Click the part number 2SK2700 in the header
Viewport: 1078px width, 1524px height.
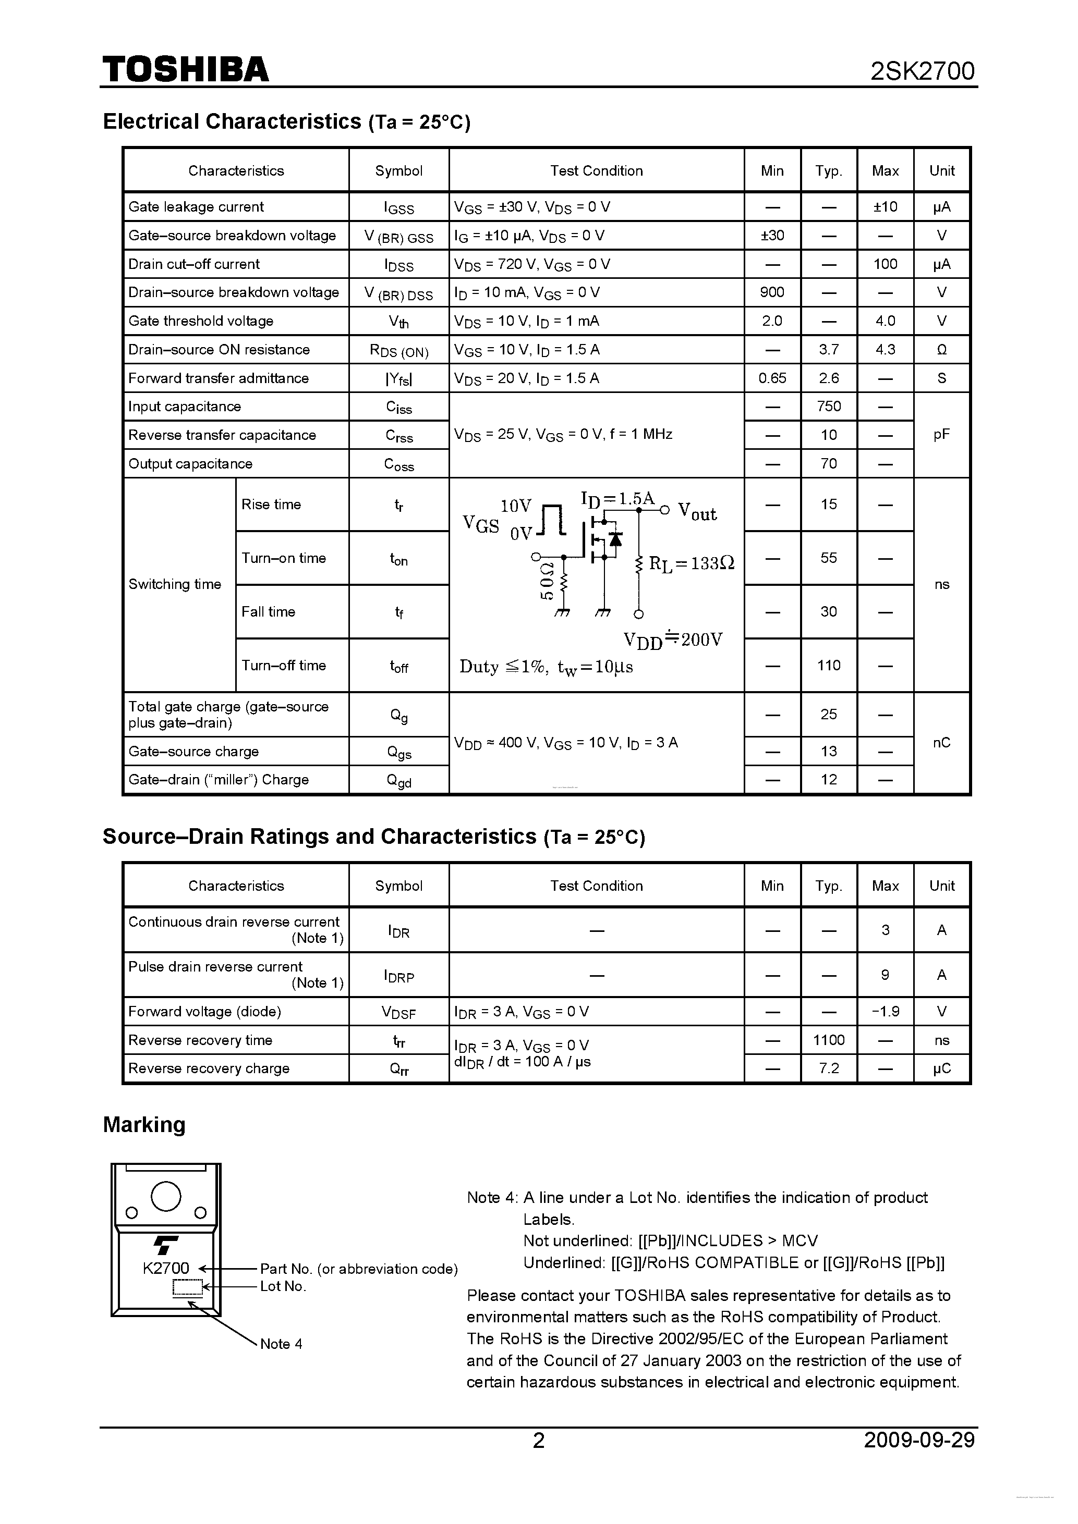tap(922, 71)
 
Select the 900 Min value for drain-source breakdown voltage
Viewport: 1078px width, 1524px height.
tap(772, 292)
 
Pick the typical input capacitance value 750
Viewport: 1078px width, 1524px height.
tap(828, 406)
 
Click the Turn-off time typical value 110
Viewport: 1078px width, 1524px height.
tap(828, 665)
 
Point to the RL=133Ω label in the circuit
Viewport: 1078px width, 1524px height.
tap(692, 563)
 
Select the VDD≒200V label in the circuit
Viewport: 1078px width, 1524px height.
tap(673, 640)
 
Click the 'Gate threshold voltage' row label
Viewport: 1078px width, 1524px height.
tap(201, 321)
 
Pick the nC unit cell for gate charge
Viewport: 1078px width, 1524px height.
tap(941, 743)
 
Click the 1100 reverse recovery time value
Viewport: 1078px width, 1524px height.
tap(828, 1040)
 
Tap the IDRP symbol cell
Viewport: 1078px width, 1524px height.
tap(398, 976)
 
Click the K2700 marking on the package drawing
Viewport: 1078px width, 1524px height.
tap(165, 1268)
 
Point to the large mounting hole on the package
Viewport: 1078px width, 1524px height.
tap(166, 1196)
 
